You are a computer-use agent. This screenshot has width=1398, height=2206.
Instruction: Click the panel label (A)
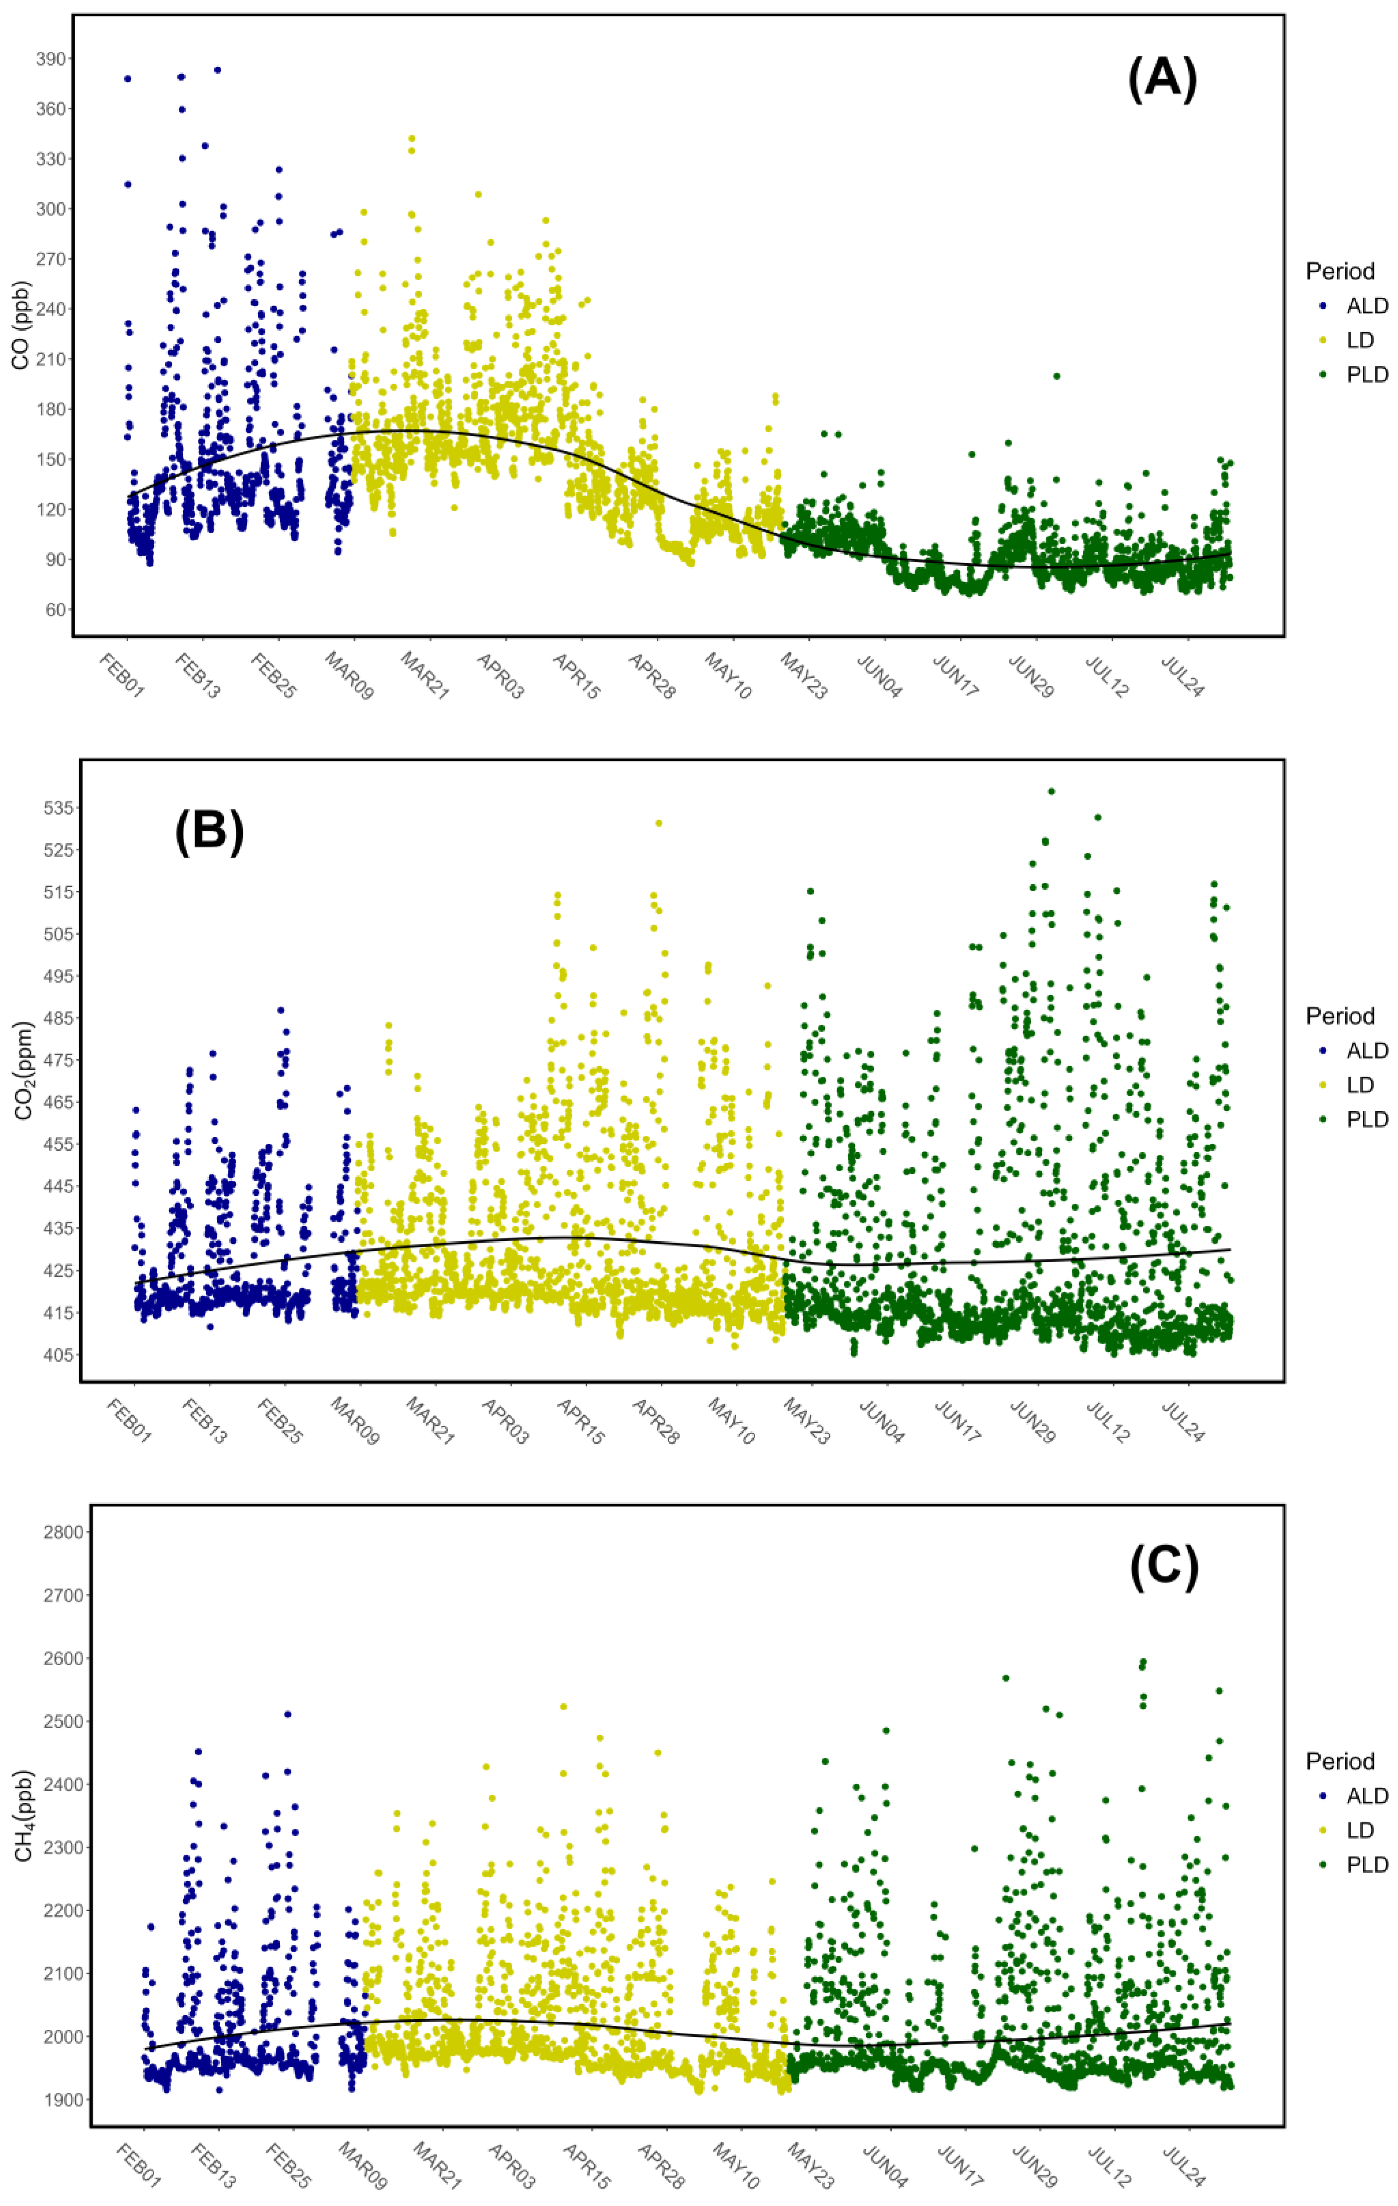1161,79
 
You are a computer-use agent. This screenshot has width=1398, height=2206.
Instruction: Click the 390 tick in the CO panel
50,59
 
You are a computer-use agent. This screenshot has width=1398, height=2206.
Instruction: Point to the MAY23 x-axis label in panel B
806,1421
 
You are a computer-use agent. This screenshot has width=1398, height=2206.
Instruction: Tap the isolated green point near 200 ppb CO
1056,376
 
